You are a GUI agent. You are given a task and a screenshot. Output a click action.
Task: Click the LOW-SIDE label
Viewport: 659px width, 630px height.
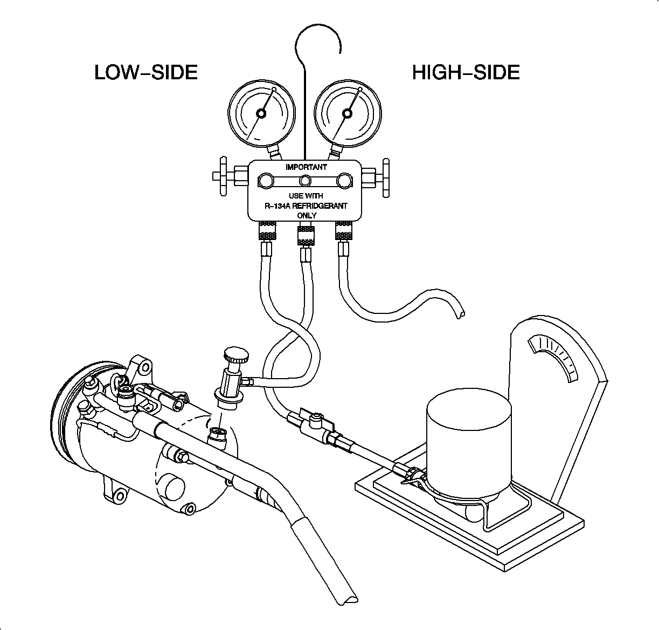click(146, 72)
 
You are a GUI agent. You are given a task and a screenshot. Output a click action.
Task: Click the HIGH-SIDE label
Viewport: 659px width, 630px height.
click(466, 72)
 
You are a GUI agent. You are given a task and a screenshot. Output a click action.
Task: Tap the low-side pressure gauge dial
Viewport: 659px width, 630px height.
click(262, 114)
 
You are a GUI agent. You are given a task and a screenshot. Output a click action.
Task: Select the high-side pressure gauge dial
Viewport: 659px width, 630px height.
click(348, 114)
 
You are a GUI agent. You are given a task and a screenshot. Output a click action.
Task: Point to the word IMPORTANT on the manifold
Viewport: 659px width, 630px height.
click(306, 167)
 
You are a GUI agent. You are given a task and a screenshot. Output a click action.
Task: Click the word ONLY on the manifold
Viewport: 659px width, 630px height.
click(307, 216)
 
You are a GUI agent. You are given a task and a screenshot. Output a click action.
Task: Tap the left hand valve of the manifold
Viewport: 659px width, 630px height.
click(222, 176)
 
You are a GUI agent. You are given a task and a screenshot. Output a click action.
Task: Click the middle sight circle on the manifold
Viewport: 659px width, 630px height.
click(306, 181)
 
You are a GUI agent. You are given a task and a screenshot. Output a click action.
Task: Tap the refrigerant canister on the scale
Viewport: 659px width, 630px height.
click(468, 448)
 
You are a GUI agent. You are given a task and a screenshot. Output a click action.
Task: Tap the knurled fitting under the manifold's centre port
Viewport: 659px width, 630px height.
click(306, 235)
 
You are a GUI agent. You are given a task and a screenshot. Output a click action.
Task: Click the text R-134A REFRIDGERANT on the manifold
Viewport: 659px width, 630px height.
click(306, 206)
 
